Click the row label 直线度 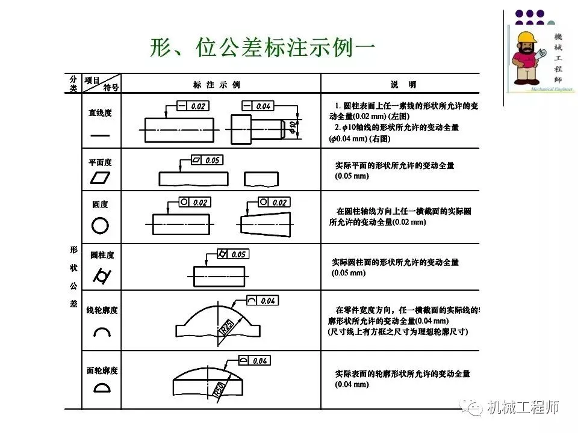tap(100, 112)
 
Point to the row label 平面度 tap(100, 162)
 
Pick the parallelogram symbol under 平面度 tap(101, 179)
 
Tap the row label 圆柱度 tap(102, 255)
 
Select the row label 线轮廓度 tap(102, 310)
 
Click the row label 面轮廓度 tap(102, 370)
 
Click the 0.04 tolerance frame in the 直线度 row tap(257, 106)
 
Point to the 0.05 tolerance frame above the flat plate tap(206, 161)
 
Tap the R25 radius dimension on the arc tap(226, 328)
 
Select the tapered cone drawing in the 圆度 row tap(264, 223)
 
